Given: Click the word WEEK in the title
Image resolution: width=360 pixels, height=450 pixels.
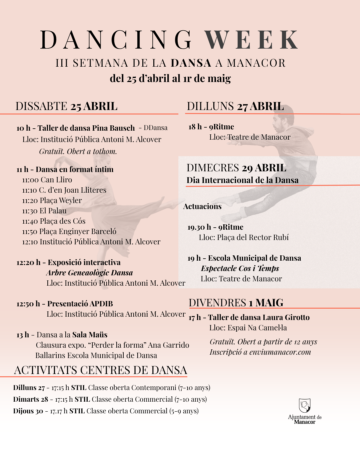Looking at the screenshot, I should pos(251,40).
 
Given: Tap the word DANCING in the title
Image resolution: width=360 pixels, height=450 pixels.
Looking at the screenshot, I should pos(116,40).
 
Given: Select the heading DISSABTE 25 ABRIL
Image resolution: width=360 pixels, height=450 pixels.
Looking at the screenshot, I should pos(66,106).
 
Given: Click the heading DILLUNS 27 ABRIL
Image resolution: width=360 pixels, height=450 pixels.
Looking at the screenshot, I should pos(235,106).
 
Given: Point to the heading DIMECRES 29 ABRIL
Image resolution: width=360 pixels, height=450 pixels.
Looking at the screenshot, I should pos(236,168).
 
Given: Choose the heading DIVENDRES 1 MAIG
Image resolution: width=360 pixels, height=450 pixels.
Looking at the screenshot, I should pos(236,303).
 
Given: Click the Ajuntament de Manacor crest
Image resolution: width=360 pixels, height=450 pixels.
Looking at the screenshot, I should pos(305,405).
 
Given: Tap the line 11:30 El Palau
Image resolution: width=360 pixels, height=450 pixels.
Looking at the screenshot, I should pos(44,211).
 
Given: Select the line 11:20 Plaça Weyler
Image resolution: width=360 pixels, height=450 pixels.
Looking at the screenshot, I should pos(52,200).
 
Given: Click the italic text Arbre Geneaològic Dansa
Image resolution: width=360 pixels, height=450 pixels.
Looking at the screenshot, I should pos(89,273).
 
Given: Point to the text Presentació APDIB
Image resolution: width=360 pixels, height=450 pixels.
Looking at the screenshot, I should pos(80,304).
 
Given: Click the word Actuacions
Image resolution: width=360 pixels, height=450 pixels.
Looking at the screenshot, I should pos(202,206).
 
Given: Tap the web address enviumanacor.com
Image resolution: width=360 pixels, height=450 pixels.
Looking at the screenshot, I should pos(280,352).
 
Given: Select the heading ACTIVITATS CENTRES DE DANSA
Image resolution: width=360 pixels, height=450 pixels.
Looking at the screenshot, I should pos(100,370).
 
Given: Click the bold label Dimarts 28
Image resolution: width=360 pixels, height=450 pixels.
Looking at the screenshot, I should pos(31,399).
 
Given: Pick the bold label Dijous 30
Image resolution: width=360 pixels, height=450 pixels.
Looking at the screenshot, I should pos(28,411).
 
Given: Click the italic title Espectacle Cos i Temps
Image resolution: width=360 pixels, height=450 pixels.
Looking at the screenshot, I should pos(240,268).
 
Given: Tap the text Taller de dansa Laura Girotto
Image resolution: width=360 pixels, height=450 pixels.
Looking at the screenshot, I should pos(259,317).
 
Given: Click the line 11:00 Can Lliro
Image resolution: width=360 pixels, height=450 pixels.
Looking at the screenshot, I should pos(47,180).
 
